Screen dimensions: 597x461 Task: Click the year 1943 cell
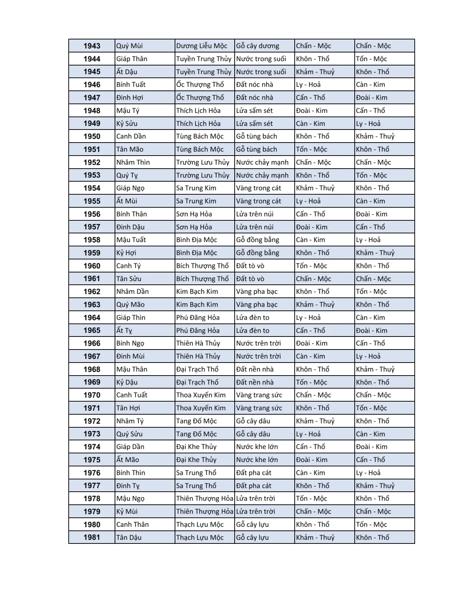pos(92,46)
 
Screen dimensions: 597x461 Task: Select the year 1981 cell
pos(92,537)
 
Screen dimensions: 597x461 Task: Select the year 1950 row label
pos(92,136)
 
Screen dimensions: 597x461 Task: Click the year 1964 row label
pos(92,318)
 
